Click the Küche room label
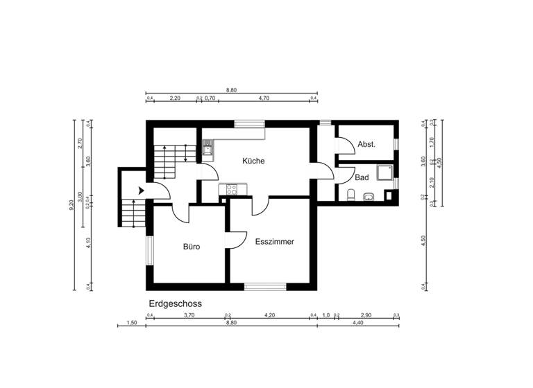[253, 161]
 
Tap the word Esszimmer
[274, 242]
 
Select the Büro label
[192, 246]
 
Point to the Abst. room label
[366, 145]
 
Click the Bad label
[362, 177]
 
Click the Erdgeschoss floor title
[175, 303]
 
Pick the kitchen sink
[208, 147]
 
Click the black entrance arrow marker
[141, 190]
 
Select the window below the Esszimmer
[264, 286]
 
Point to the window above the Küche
[249, 124]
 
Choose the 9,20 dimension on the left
[71, 205]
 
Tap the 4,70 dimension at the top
[264, 98]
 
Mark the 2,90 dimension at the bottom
[366, 315]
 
